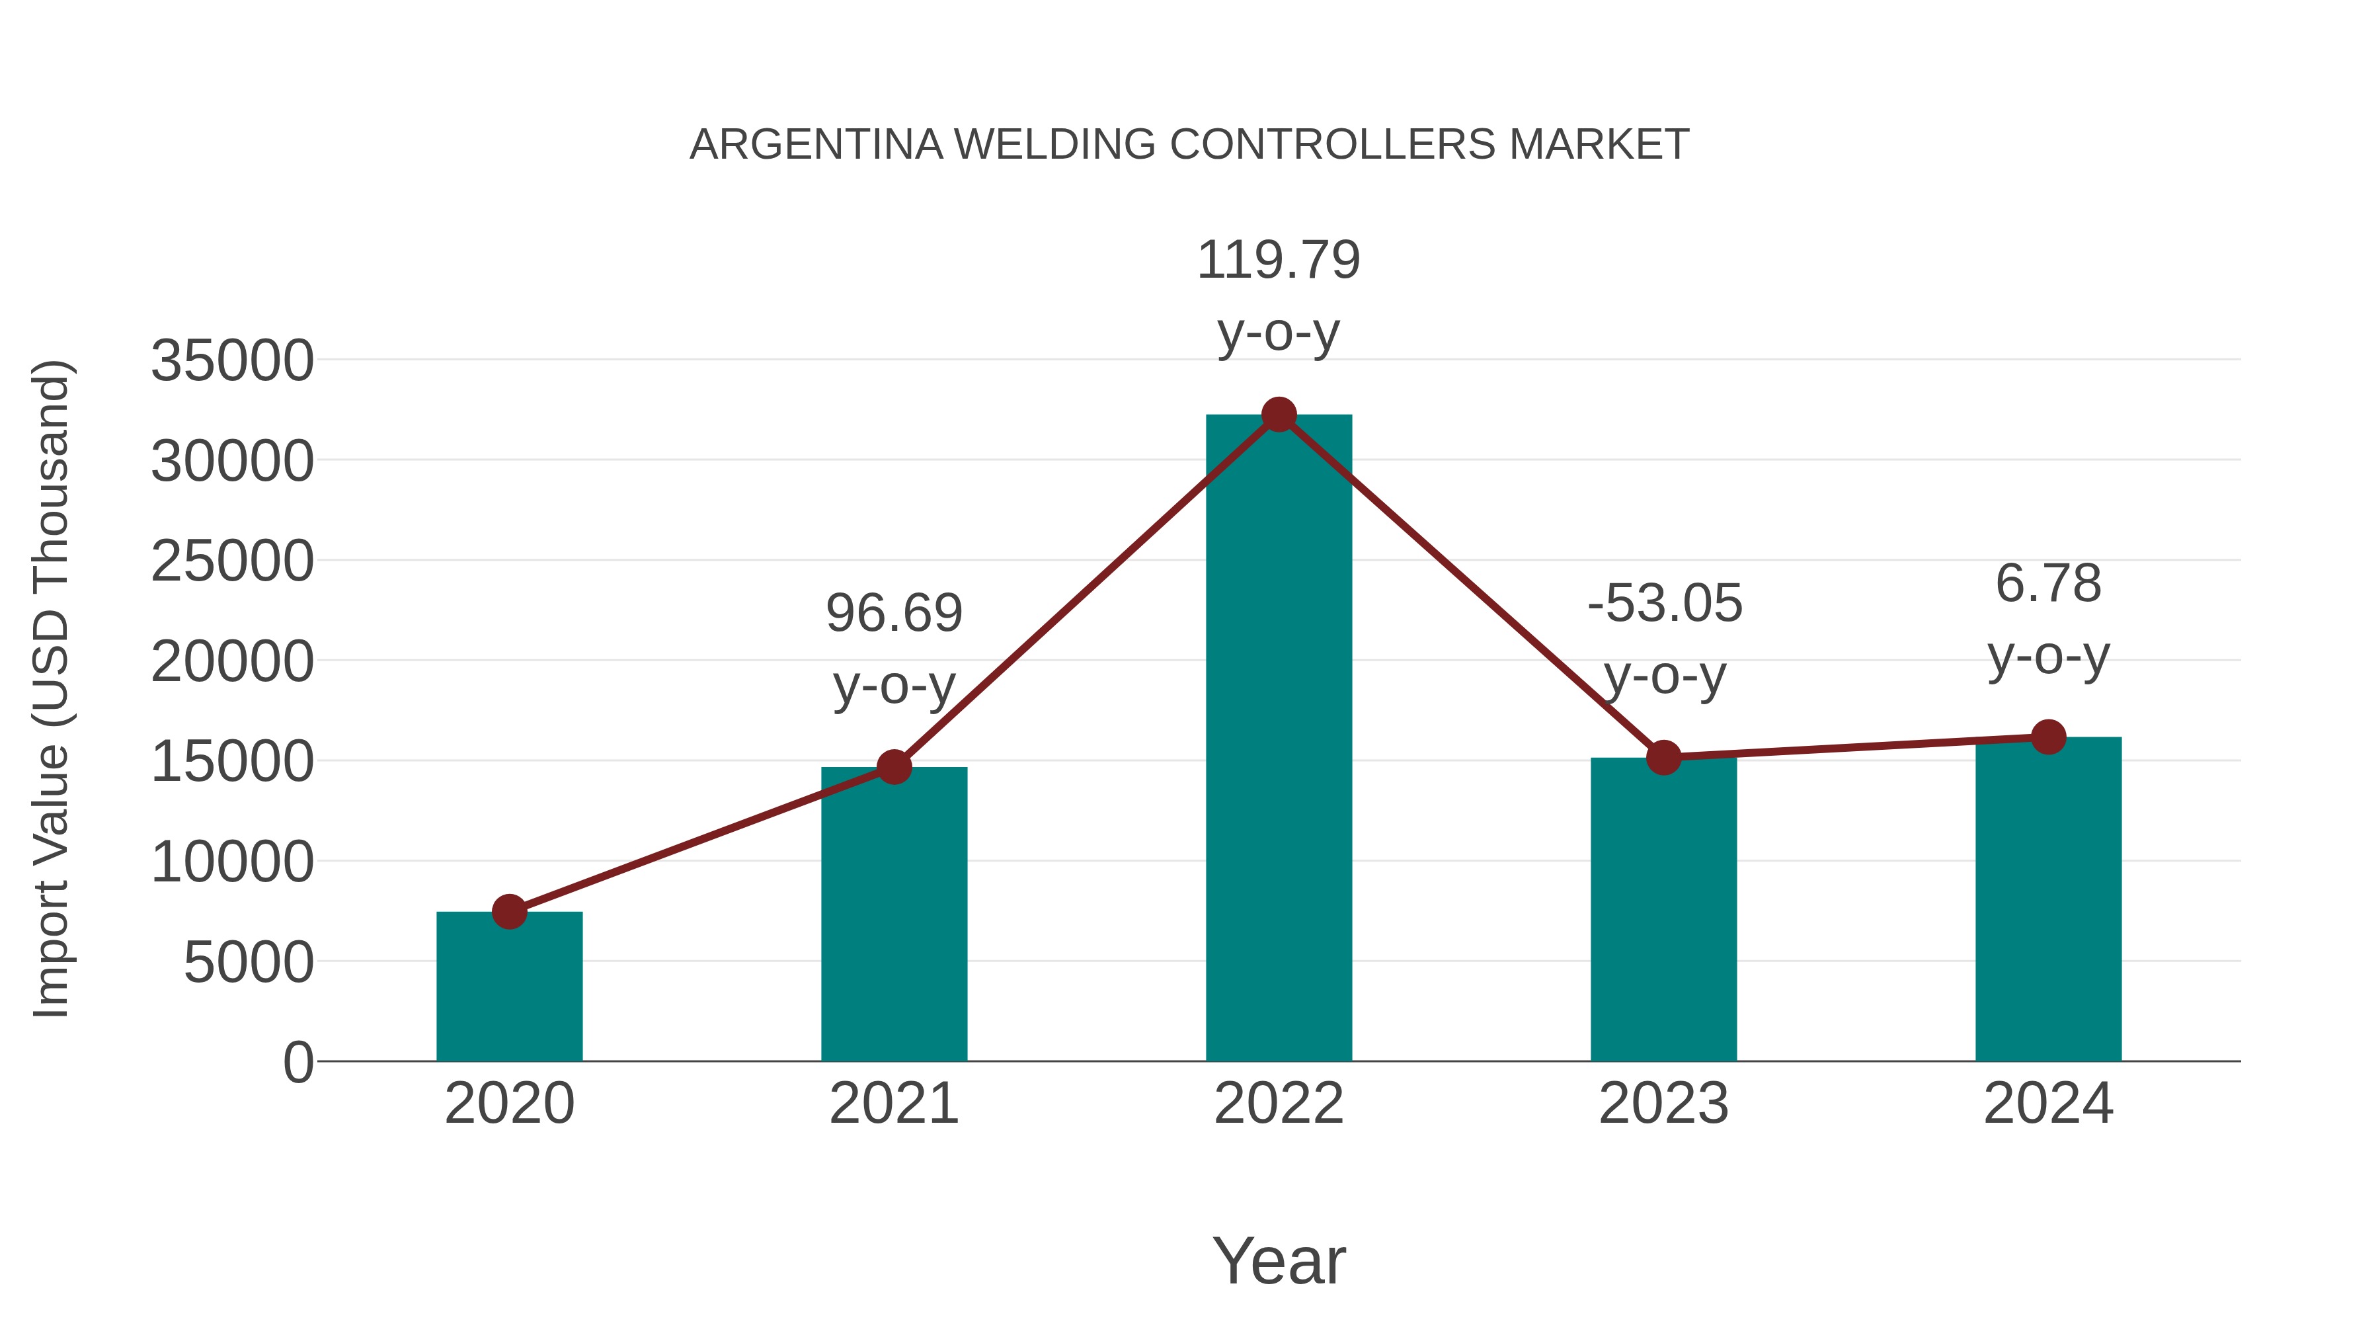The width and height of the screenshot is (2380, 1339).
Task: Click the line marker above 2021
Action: (x=894, y=766)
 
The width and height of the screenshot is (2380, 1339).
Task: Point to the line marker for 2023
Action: (x=1664, y=758)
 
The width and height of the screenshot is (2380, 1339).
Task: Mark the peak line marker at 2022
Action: (x=1279, y=415)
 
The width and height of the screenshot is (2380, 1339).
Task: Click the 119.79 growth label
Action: (x=1279, y=260)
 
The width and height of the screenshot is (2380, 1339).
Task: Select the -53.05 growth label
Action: (x=1665, y=604)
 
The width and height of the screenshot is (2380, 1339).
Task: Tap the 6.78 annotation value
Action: (x=2048, y=584)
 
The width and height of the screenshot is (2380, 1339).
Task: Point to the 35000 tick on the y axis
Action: (x=232, y=360)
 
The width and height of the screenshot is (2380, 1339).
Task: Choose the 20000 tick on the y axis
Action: (x=232, y=662)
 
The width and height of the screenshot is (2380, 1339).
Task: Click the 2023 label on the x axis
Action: (x=1664, y=1104)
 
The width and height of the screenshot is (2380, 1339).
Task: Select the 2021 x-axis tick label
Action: (x=894, y=1104)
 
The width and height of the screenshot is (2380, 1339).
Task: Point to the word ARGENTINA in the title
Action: (x=816, y=145)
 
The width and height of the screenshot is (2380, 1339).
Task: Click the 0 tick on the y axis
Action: (x=298, y=1063)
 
